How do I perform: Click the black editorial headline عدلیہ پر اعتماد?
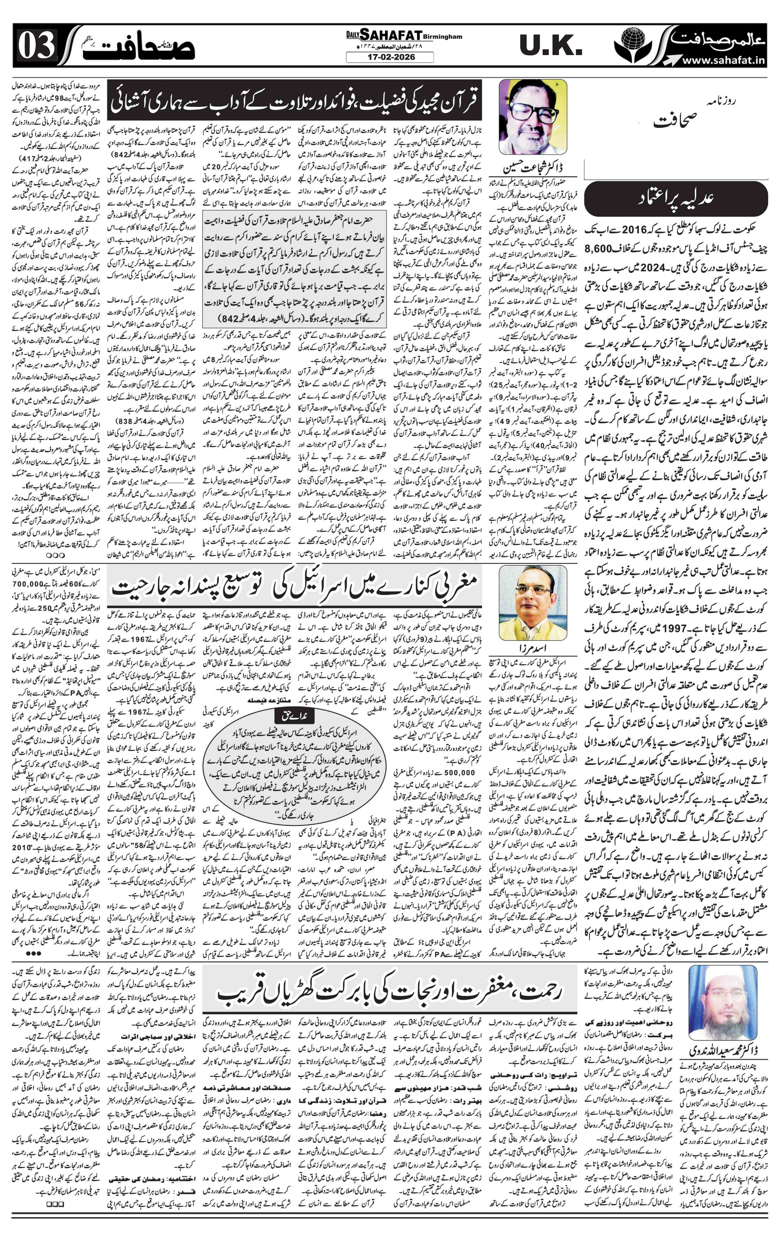[676, 196]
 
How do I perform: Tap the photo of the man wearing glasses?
[533, 117]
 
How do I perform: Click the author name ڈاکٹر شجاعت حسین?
[533, 168]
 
